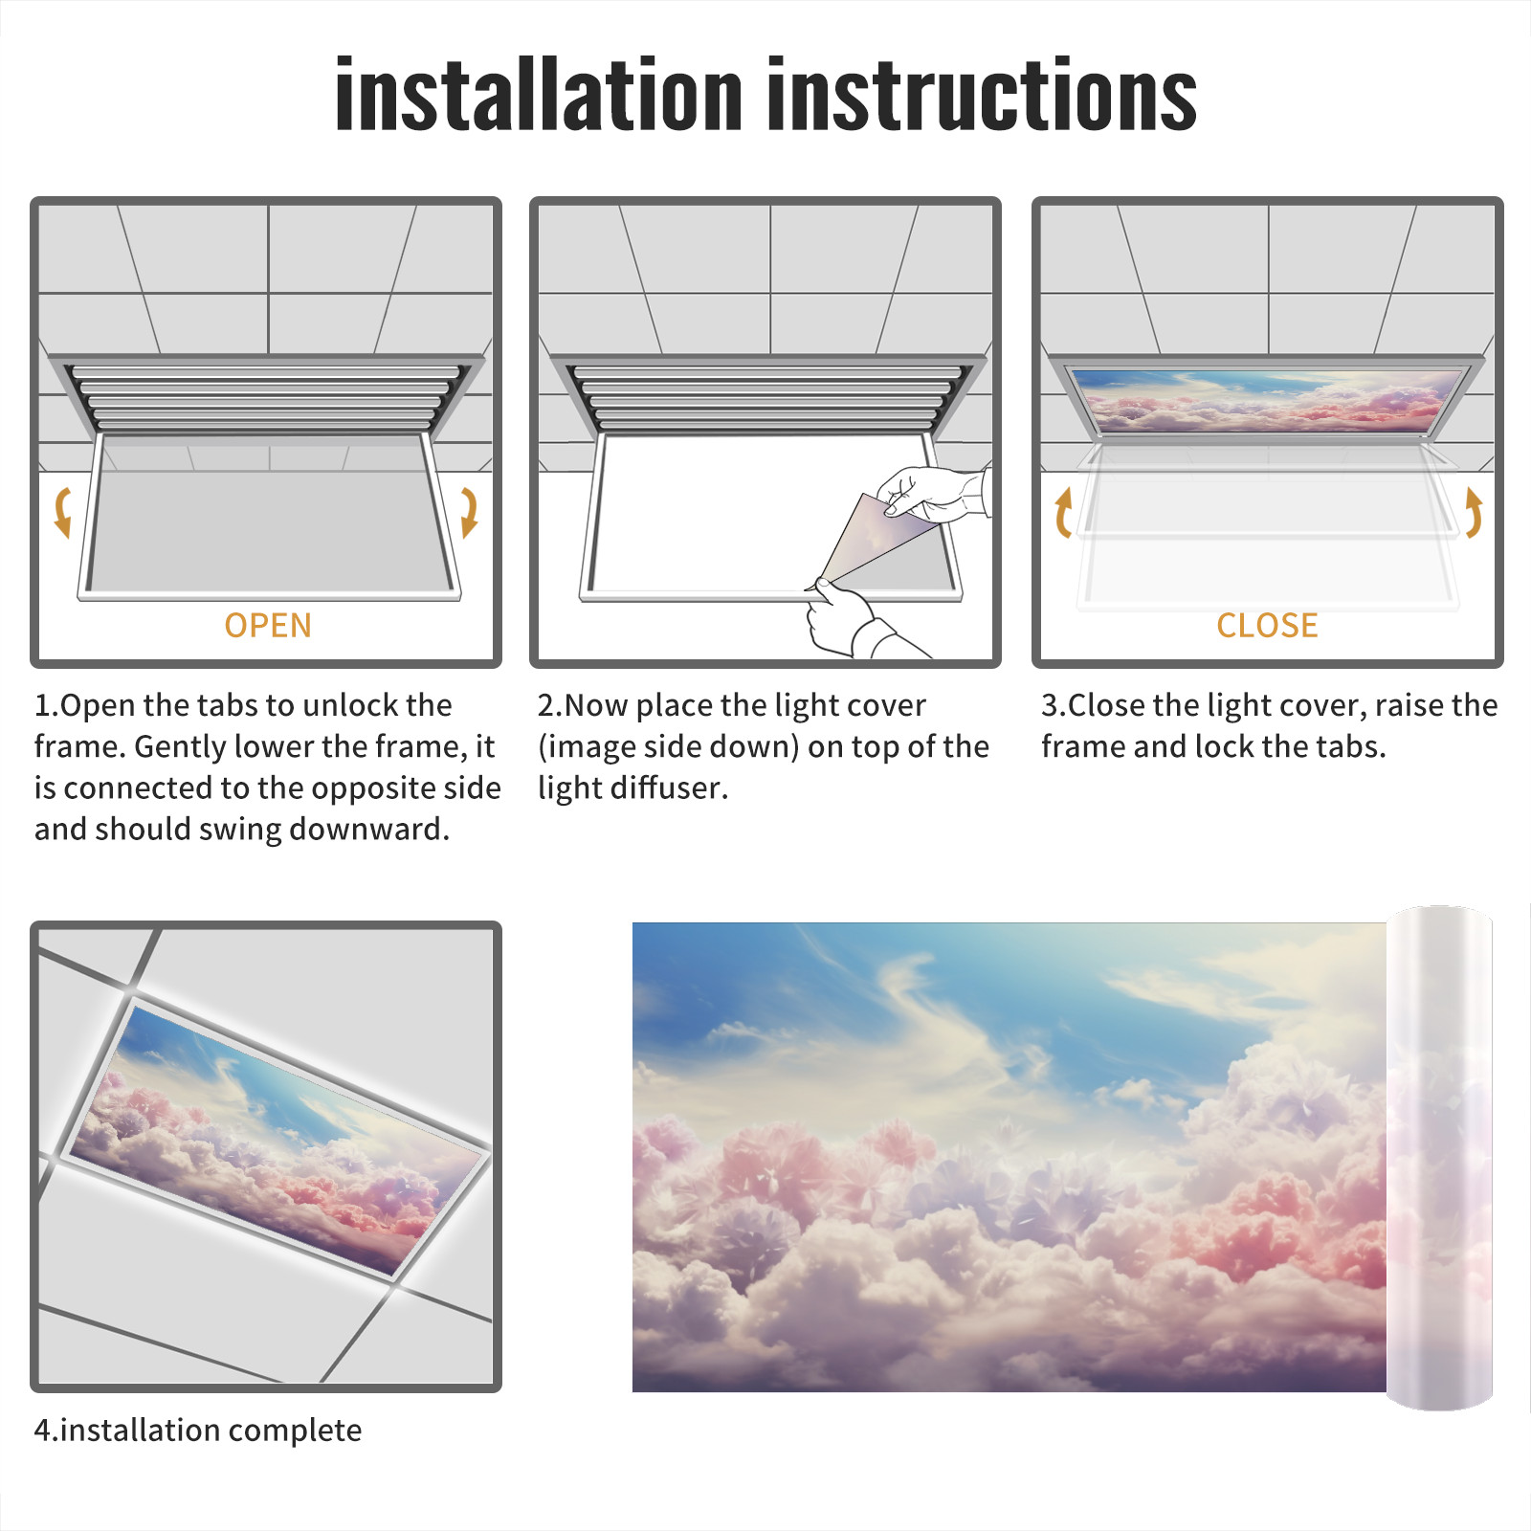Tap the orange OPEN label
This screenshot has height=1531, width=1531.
pyautogui.click(x=268, y=626)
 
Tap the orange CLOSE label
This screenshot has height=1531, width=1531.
pyautogui.click(x=1267, y=626)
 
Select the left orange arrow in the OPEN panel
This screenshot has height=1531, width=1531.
pyautogui.click(x=63, y=512)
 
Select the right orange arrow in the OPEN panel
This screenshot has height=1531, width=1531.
pyautogui.click(x=469, y=512)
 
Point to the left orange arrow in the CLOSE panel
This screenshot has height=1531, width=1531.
pyautogui.click(x=1063, y=512)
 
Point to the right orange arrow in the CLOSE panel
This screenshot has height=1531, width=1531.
pyautogui.click(x=1474, y=512)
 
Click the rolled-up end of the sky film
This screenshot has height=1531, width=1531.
pyautogui.click(x=1439, y=1158)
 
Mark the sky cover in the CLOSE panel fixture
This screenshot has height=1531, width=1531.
pyautogui.click(x=1267, y=400)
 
